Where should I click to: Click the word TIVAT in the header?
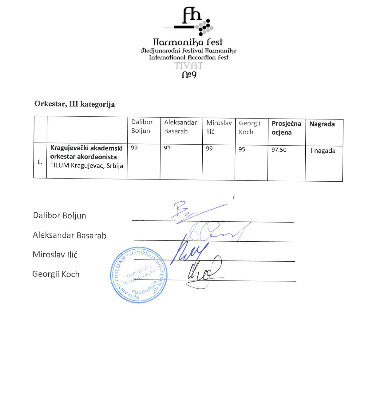(x=188, y=66)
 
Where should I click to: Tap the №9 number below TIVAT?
(x=189, y=75)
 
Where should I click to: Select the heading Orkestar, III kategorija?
(x=74, y=104)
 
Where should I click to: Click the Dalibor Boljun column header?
(x=142, y=126)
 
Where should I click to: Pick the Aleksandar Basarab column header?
(x=180, y=127)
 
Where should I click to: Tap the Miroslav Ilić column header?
(x=219, y=127)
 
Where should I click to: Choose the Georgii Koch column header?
(x=249, y=127)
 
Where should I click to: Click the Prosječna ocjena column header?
(x=286, y=128)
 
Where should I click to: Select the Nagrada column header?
(x=322, y=124)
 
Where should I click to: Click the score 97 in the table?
(x=167, y=148)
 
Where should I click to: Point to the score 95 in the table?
(x=242, y=150)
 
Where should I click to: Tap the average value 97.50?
(x=279, y=150)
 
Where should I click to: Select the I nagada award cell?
(x=323, y=151)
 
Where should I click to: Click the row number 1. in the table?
(x=40, y=162)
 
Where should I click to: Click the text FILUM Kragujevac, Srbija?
(x=86, y=166)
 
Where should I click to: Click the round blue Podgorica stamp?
(x=139, y=275)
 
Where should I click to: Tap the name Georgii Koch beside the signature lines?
(x=56, y=274)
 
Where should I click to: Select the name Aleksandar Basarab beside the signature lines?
(x=69, y=235)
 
